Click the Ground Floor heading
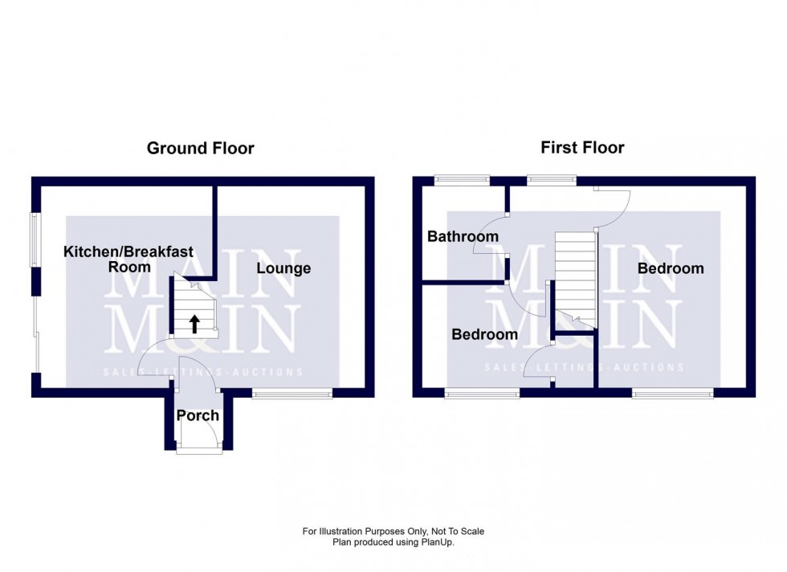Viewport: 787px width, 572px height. (x=200, y=148)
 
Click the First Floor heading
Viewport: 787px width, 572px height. (x=582, y=147)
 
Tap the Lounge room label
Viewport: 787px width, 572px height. (x=283, y=268)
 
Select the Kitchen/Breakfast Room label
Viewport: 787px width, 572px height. (x=128, y=259)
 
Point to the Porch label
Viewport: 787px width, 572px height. (x=198, y=415)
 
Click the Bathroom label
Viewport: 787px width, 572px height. (x=463, y=236)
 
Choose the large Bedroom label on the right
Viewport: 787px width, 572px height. (x=671, y=268)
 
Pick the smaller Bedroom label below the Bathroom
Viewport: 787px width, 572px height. (x=484, y=334)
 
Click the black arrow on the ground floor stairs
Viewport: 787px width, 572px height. (x=194, y=324)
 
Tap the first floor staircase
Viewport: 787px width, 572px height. (x=576, y=277)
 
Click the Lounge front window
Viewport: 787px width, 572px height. (x=292, y=394)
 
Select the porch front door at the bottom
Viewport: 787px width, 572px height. (x=199, y=451)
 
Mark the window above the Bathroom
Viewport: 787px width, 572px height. (x=462, y=180)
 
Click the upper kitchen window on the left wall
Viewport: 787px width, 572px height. (x=35, y=239)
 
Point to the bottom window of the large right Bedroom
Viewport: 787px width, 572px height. (x=672, y=394)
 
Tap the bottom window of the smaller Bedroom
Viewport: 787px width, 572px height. (x=483, y=394)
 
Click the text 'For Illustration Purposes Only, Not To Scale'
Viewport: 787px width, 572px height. (x=393, y=531)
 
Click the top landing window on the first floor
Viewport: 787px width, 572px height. (x=552, y=180)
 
